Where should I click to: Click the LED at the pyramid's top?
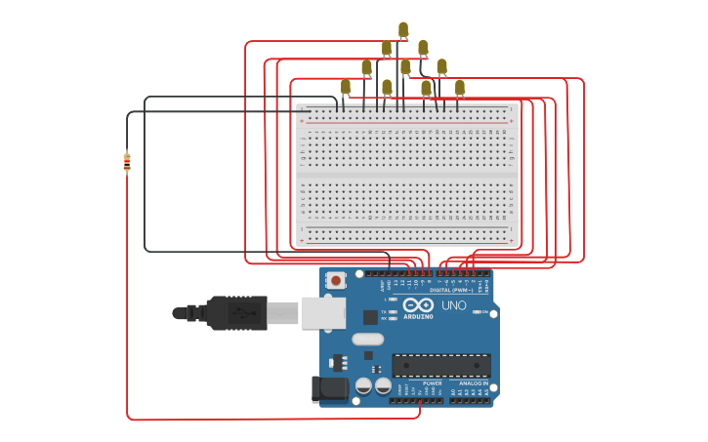click(x=402, y=29)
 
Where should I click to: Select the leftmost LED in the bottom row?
click(x=346, y=87)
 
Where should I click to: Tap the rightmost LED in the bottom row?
click(x=460, y=88)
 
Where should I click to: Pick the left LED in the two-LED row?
click(x=387, y=48)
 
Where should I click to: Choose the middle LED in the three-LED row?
click(x=405, y=67)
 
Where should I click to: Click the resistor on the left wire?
click(x=127, y=162)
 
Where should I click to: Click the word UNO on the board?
click(x=454, y=305)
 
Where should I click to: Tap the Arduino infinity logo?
click(x=418, y=305)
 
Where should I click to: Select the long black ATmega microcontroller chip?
click(x=441, y=365)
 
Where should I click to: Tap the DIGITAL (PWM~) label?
click(x=451, y=290)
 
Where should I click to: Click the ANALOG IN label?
click(x=474, y=383)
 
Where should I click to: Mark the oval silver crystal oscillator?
click(x=367, y=340)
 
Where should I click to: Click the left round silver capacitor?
click(x=363, y=386)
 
